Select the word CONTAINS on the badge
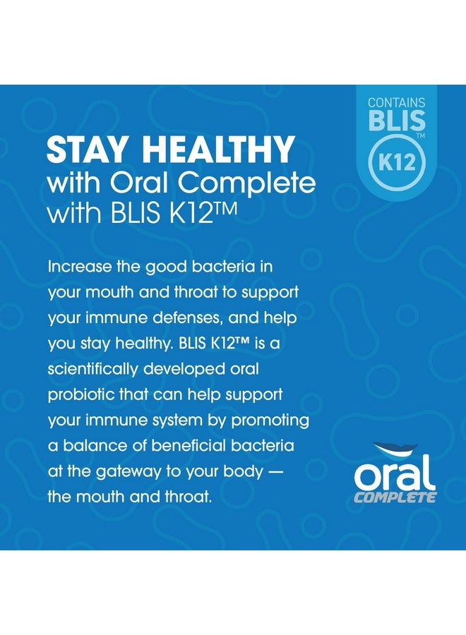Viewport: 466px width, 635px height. coord(396,102)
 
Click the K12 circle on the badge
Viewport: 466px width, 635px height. coord(397,162)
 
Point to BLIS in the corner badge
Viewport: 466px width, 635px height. coord(396,120)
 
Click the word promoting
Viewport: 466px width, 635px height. coord(270,421)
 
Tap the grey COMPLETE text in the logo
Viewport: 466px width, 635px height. coord(395,497)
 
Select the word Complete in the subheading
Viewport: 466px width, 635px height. coord(247,184)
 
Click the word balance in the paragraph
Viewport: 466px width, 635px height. coord(103,446)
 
